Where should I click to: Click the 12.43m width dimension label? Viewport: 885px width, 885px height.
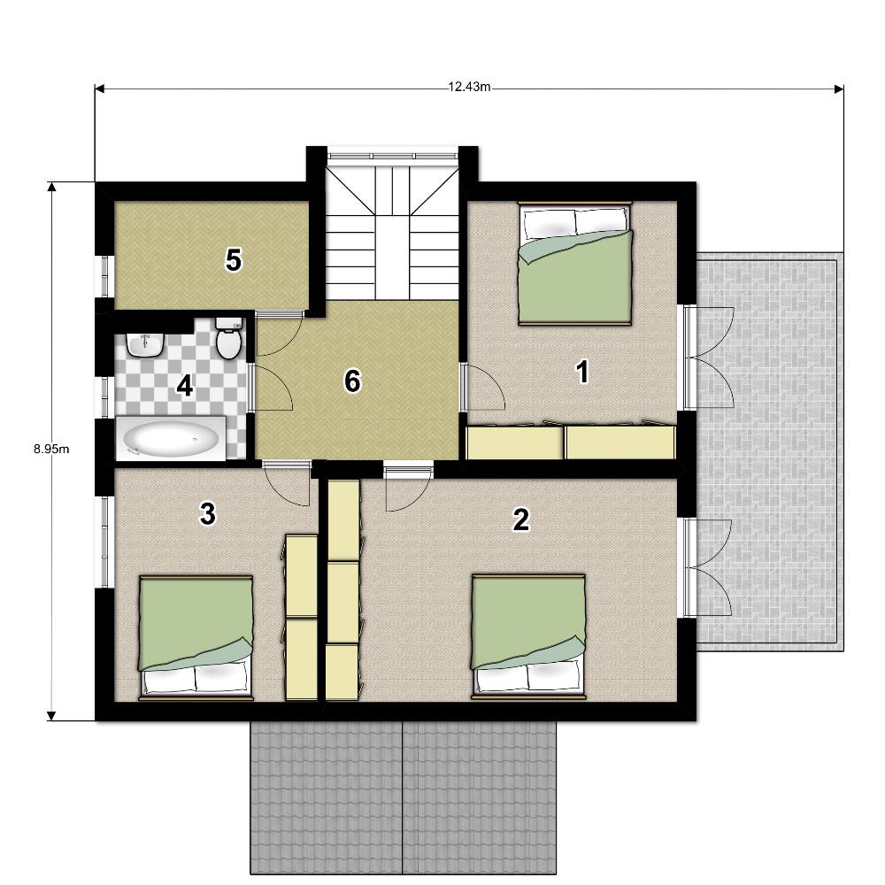pos(469,87)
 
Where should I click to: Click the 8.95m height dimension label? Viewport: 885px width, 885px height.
pos(51,450)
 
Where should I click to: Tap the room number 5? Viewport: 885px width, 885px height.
pos(233,261)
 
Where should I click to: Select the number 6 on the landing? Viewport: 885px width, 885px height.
pos(352,381)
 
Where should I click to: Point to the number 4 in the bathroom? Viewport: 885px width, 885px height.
pos(185,387)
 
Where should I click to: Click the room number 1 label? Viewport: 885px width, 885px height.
pos(582,373)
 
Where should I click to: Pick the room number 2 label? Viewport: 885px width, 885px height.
pos(520,519)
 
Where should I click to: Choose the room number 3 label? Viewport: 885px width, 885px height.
pos(208,514)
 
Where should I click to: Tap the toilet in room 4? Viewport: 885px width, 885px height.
pos(229,339)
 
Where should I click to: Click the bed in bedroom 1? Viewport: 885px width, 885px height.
pos(575,263)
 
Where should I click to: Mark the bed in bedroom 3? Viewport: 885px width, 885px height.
pos(196,638)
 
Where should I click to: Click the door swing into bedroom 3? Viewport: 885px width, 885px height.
pos(288,483)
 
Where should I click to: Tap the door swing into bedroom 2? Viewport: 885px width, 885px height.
pos(408,487)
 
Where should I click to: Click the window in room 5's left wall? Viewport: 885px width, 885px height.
pos(105,276)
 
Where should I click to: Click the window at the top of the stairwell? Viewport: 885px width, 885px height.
pos(393,156)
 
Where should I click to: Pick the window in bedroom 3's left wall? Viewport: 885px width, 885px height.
pos(105,542)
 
